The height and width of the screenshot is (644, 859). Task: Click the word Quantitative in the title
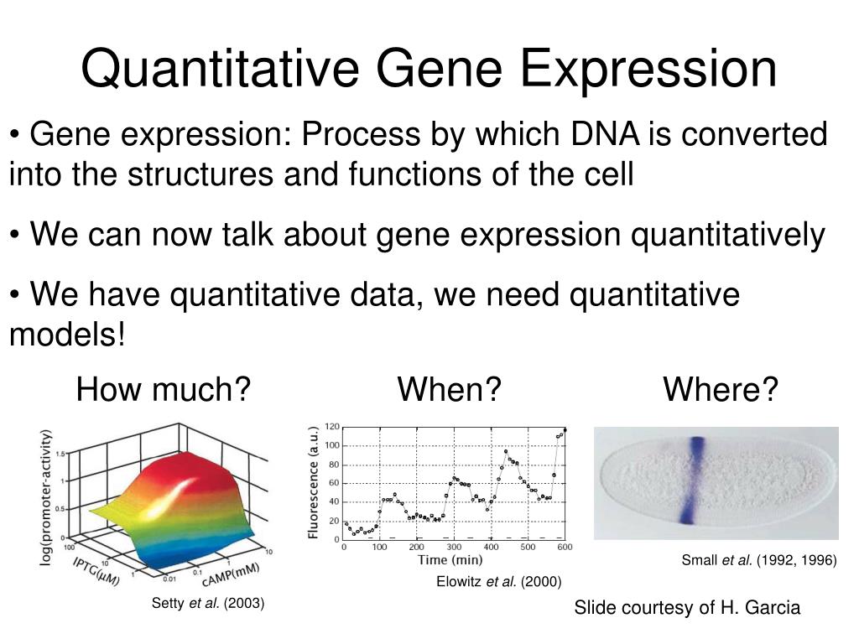click(x=221, y=70)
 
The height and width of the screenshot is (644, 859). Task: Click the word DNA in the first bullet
click(x=605, y=134)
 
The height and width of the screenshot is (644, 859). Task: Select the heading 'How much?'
click(x=164, y=389)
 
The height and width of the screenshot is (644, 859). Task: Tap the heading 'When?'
click(x=450, y=389)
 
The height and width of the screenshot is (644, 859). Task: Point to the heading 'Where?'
click(x=721, y=389)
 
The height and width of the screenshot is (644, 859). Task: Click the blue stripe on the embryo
click(x=692, y=480)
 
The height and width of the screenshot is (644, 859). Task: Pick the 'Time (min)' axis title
click(x=450, y=559)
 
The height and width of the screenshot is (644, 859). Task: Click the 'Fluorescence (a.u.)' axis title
click(x=313, y=482)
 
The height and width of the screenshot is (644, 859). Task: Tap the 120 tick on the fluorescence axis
click(x=332, y=427)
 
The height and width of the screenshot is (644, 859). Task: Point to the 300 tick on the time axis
click(x=454, y=547)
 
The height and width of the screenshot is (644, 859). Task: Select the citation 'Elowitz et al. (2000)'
click(x=499, y=582)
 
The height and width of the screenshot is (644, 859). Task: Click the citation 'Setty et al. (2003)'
click(x=208, y=603)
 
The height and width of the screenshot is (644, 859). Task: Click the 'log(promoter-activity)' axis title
click(x=46, y=497)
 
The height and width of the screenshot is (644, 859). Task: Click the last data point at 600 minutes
click(x=565, y=430)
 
